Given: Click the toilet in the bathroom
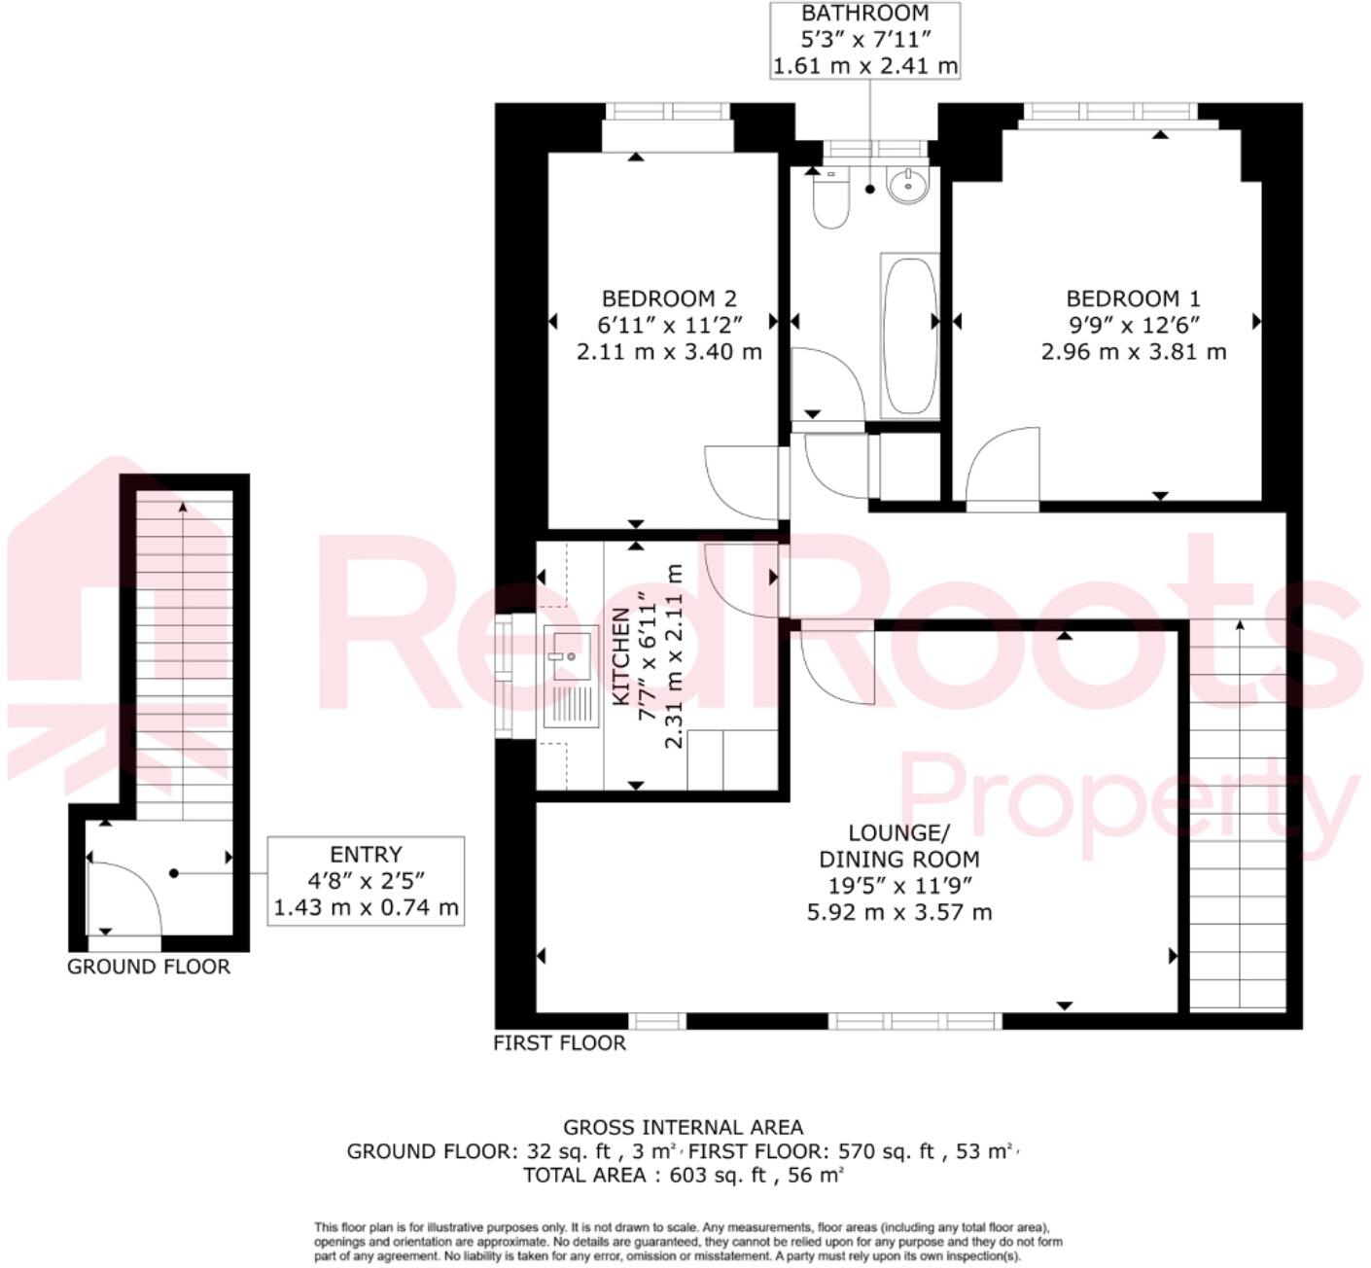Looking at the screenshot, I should pos(831,201).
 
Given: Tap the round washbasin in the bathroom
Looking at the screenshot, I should pos(908,185).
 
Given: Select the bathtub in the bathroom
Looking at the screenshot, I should pos(910,335).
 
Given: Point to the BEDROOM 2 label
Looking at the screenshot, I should pos(669,299).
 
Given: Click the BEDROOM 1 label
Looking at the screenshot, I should pos(1133,299).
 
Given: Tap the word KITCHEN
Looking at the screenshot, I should pos(621,656).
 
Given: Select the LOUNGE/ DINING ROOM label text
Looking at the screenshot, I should pos(899,846).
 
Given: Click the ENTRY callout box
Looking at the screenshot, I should pos(366,881).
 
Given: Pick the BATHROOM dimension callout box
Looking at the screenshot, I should pos(865,40).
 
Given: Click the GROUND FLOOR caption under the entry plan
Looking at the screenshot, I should pos(149,967).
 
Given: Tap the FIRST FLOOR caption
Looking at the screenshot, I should pos(559,1043).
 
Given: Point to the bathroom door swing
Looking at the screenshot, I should pos(826,384).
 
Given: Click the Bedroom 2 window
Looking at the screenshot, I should pos(667,110).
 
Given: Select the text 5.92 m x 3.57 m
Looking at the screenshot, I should pos(899,912).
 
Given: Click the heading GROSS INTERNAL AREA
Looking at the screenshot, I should pos(684,1127).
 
